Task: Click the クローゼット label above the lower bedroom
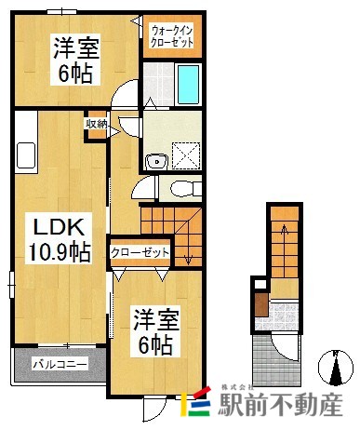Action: click(139, 252)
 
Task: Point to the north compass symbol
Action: click(335, 367)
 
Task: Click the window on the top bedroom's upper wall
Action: click(63, 10)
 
